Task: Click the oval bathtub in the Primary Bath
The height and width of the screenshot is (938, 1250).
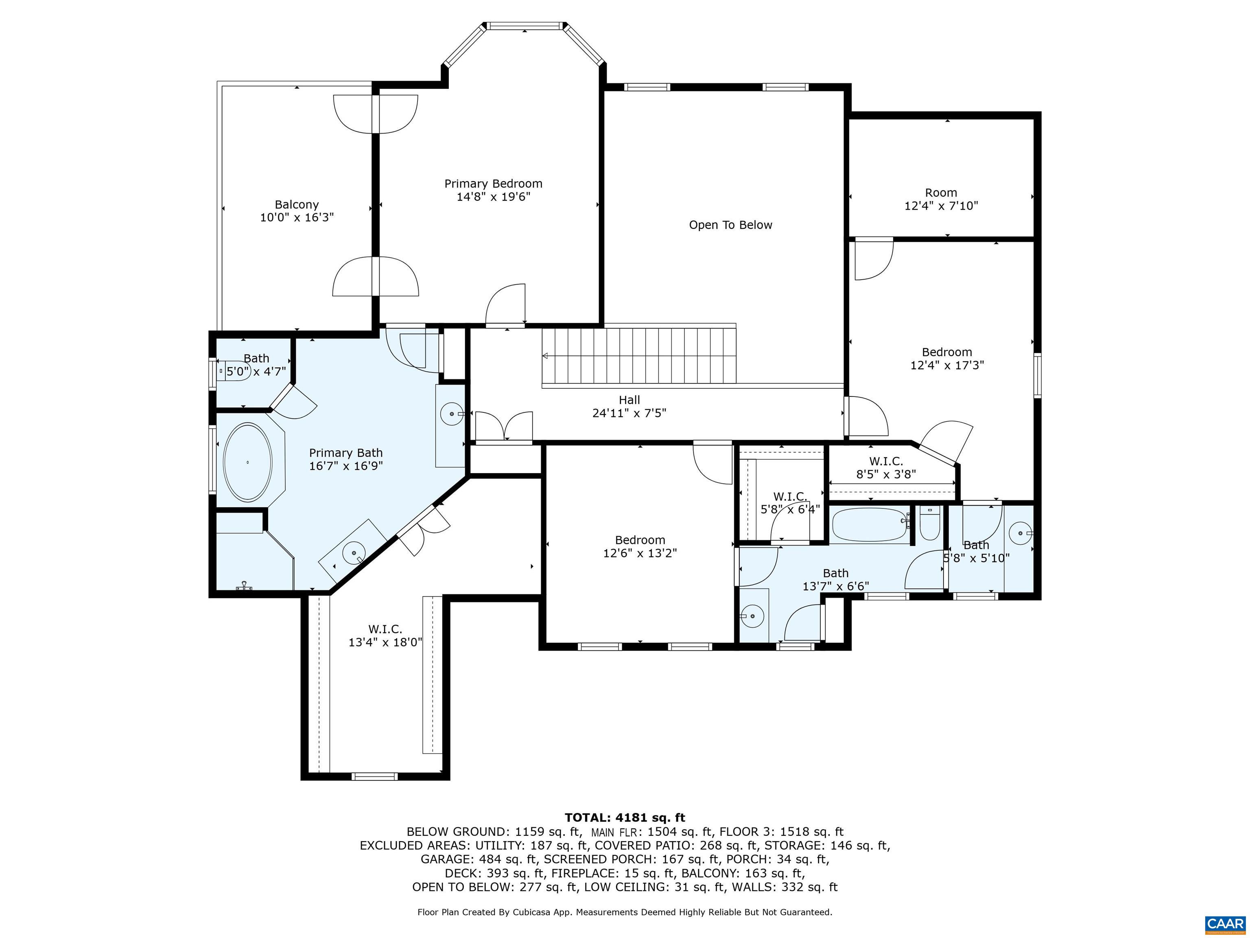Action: [x=247, y=462]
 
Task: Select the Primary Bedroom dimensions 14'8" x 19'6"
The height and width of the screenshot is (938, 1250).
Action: [x=493, y=197]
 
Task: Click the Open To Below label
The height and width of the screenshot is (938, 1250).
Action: [x=730, y=225]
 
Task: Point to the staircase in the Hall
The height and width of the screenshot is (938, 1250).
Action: [x=639, y=356]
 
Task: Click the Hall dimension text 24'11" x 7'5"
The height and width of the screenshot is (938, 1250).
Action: [x=629, y=413]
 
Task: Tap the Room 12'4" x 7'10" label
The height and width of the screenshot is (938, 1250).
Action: [x=941, y=199]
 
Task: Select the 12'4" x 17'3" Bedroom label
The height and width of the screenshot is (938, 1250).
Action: [x=947, y=358]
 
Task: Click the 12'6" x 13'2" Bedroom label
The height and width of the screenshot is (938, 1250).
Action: [x=640, y=546]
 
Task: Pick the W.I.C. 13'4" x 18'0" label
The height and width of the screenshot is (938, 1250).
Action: [x=385, y=636]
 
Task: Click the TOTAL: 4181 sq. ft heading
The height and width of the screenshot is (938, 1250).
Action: [x=625, y=817]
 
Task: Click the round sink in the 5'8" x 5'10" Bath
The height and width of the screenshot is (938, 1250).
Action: [x=1021, y=533]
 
